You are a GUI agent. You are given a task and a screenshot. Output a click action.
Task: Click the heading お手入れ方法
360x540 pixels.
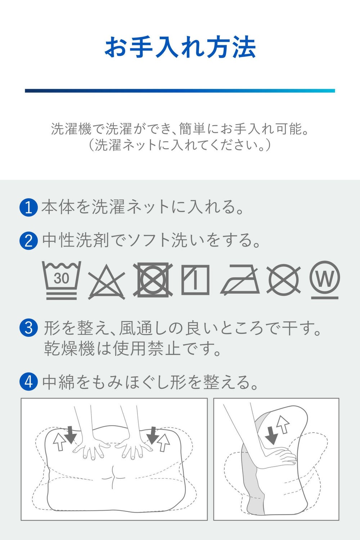click(x=180, y=47)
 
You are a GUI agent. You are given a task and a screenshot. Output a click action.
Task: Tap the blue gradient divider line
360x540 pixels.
click(x=180, y=91)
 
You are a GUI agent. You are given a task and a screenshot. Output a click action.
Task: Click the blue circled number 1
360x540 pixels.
click(x=28, y=207)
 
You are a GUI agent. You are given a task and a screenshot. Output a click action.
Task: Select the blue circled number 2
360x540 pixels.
click(x=28, y=240)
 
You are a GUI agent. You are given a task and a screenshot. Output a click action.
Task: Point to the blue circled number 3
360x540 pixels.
click(x=28, y=328)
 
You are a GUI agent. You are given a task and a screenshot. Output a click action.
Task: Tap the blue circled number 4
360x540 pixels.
click(x=28, y=382)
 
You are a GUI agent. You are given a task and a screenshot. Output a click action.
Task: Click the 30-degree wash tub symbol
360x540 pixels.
click(x=62, y=280)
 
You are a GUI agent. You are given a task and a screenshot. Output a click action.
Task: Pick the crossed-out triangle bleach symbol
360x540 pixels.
click(x=107, y=282)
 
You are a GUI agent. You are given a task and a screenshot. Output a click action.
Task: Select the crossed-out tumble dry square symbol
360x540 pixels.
click(x=153, y=280)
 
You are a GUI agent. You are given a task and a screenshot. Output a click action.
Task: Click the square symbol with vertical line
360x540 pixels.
click(x=195, y=280)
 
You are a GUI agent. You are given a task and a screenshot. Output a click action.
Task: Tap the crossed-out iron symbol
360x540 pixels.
click(x=240, y=280)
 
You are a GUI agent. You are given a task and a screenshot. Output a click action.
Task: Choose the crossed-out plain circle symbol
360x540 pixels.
click(x=284, y=280)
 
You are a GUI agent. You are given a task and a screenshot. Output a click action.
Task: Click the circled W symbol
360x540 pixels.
click(x=325, y=280)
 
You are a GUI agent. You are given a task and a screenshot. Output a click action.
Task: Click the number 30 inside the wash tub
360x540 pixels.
click(x=62, y=278)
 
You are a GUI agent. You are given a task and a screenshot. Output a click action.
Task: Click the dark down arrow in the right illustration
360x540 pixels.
click(x=272, y=435)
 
